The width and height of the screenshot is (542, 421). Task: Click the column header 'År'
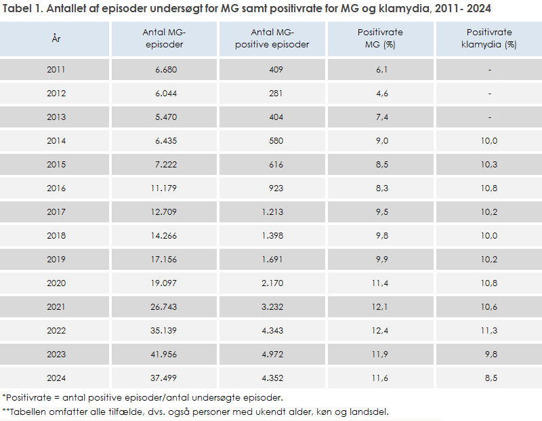pyautogui.click(x=56, y=39)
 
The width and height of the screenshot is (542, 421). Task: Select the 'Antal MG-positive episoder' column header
pyautogui.click(x=272, y=39)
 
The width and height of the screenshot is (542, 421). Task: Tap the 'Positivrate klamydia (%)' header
pyautogui.click(x=489, y=39)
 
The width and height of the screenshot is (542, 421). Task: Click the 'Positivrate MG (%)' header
pyautogui.click(x=380, y=39)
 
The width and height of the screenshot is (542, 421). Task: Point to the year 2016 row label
pyautogui.click(x=56, y=188)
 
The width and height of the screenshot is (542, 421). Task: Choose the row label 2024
pyautogui.click(x=56, y=378)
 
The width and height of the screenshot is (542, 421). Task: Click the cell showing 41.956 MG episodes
pyautogui.click(x=163, y=354)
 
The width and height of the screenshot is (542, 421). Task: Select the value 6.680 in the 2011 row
pyautogui.click(x=165, y=70)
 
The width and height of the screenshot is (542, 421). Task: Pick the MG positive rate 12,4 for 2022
pyautogui.click(x=382, y=330)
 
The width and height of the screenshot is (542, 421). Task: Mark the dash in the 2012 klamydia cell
pyautogui.click(x=489, y=94)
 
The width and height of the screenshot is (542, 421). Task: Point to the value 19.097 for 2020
pyautogui.click(x=163, y=283)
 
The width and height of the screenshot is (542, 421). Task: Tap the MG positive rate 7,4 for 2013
pyautogui.click(x=382, y=117)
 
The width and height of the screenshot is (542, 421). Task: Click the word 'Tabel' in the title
pyautogui.click(x=18, y=9)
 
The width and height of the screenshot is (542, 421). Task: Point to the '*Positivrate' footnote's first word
pyautogui.click(x=26, y=397)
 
